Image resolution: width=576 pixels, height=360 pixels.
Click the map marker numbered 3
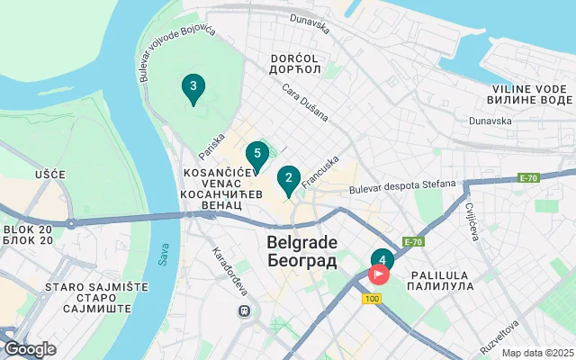[x=191, y=87]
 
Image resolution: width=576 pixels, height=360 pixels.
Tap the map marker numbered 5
[x=257, y=154]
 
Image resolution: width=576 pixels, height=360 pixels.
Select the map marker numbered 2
[x=288, y=178]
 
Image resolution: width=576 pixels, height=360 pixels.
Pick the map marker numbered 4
[x=382, y=261]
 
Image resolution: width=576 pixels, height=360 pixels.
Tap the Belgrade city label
[x=301, y=252]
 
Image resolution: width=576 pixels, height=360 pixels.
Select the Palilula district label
[x=441, y=279]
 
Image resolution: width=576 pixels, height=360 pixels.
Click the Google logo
[x=30, y=349]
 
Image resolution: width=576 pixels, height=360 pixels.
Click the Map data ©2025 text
[x=536, y=354]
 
